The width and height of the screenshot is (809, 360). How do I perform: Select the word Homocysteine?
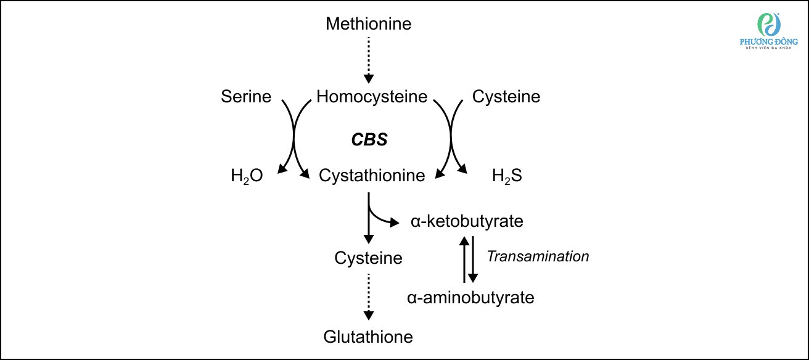pos(372,97)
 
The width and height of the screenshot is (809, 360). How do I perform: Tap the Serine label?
pos(246,97)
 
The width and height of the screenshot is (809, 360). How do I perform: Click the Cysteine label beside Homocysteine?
pos(506,97)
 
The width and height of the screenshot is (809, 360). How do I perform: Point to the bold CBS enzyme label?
pos(369,140)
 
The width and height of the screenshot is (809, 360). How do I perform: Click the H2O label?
pos(247,176)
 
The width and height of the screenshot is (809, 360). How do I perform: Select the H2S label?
pos(507,176)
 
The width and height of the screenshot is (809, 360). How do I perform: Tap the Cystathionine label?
pos(372,176)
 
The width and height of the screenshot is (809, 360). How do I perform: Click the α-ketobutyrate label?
pos(467,221)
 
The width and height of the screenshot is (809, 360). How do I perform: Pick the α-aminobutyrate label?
pos(470,298)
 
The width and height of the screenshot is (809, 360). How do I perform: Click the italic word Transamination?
pos(538,256)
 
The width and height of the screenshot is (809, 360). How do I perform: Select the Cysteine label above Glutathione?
pos(368,258)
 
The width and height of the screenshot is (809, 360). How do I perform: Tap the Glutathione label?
pos(368,337)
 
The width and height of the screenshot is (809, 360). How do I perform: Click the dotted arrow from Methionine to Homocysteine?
pos(368,59)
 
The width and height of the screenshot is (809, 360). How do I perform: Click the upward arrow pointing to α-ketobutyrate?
pos(464,259)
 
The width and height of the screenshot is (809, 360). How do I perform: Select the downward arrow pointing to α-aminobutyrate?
pos(473,259)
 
